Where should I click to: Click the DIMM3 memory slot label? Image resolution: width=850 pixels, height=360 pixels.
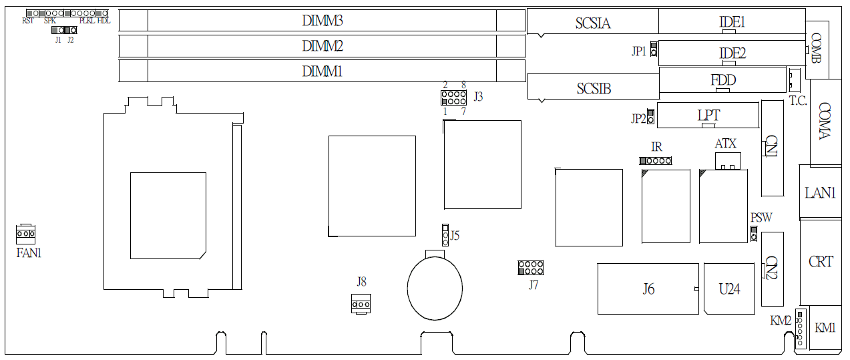click(322, 21)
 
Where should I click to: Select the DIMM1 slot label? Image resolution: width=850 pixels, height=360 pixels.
click(322, 71)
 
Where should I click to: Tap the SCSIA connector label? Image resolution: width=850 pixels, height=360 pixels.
click(593, 23)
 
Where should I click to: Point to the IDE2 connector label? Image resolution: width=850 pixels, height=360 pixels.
click(732, 53)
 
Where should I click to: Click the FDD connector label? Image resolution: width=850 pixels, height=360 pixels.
click(723, 80)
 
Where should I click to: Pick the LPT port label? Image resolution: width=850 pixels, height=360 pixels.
click(708, 116)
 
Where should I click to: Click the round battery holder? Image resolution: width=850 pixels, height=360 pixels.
click(435, 289)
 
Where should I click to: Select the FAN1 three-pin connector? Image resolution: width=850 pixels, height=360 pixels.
click(25, 234)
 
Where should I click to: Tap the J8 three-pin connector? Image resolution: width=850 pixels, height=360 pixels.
click(361, 304)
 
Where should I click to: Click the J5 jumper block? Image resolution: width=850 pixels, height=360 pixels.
click(445, 235)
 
